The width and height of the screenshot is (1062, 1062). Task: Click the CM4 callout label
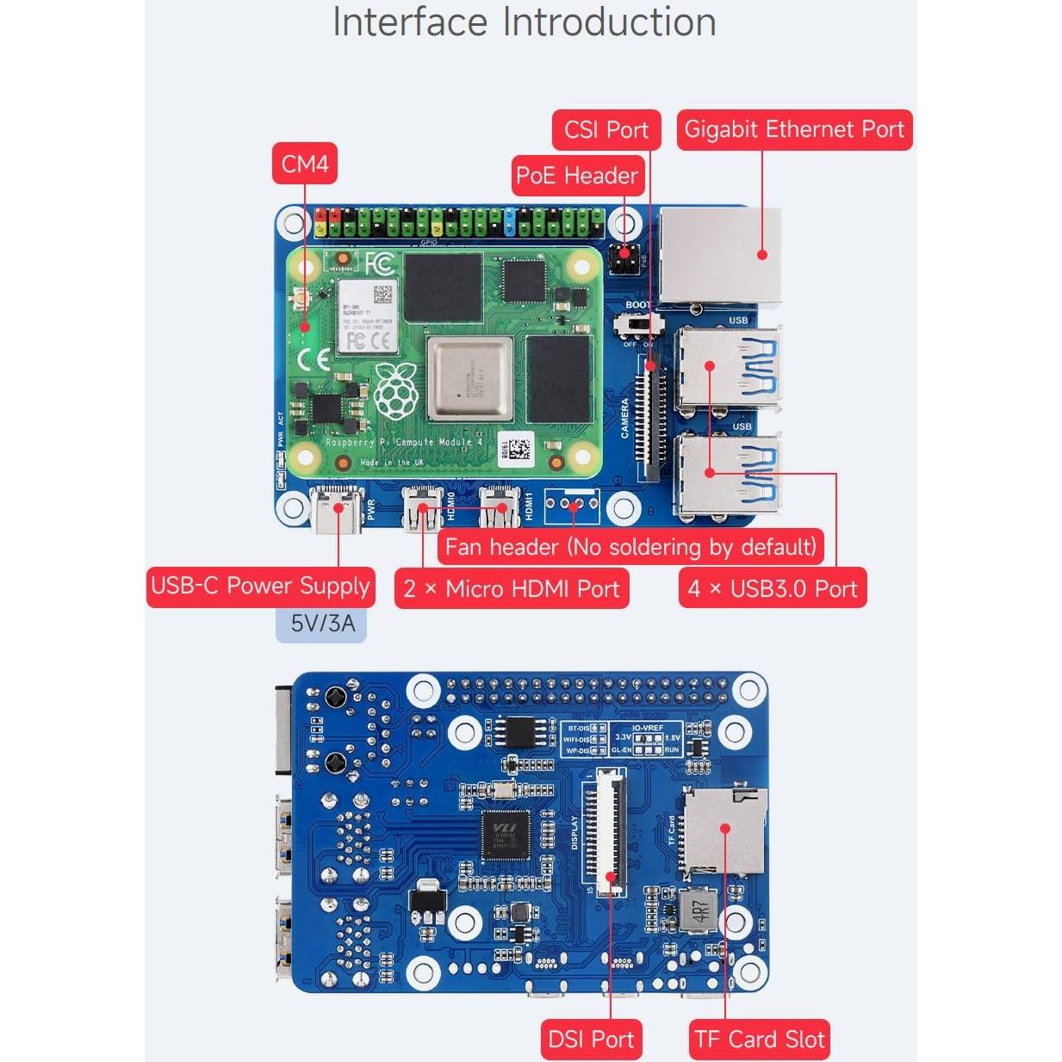click(x=305, y=164)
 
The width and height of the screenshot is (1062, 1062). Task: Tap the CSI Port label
click(x=606, y=130)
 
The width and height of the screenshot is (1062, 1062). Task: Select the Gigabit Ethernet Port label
click(x=793, y=130)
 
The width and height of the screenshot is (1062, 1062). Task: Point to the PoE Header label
click(x=576, y=176)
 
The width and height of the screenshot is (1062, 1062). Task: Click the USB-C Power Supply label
click(x=260, y=587)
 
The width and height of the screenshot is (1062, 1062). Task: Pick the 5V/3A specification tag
click(x=321, y=623)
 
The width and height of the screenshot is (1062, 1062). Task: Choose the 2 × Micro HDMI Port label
click(x=511, y=589)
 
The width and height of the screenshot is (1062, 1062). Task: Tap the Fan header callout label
click(x=630, y=547)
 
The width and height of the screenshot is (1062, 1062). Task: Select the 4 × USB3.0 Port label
click(x=772, y=589)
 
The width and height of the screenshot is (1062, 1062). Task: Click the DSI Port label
click(x=591, y=1040)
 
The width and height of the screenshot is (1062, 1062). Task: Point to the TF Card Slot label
click(x=759, y=1040)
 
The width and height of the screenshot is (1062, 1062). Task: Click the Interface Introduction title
click(x=524, y=22)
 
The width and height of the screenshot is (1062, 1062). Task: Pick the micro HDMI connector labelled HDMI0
click(x=422, y=506)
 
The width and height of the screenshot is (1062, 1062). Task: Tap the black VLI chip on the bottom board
click(x=506, y=834)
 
